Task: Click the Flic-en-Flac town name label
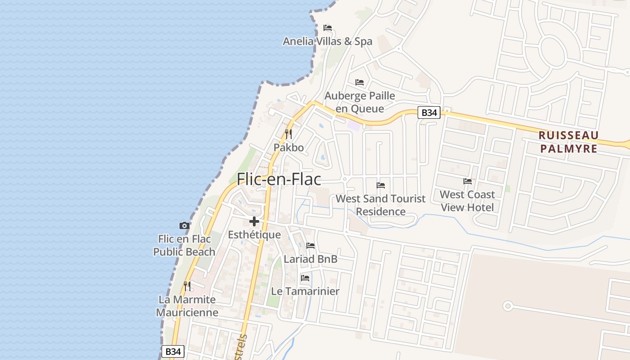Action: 279,179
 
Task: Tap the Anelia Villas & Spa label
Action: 328,41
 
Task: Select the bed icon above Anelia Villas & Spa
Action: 328,28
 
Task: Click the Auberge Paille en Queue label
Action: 360,102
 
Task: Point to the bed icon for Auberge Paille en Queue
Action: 360,82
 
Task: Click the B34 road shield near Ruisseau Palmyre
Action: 429,112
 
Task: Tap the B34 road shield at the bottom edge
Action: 173,351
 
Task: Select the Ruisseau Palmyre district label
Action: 568,142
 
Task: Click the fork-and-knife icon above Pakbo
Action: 288,134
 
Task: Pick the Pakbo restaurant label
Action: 288,148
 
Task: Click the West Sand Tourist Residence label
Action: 381,205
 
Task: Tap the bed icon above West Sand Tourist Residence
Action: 381,185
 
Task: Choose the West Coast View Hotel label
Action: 467,201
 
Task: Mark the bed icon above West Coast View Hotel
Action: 468,181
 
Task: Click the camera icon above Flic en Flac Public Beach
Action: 184,225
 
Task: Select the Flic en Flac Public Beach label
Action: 184,245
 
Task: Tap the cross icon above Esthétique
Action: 254,221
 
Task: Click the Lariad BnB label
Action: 310,259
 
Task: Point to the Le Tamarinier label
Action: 305,291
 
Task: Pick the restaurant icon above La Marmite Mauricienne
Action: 187,286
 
